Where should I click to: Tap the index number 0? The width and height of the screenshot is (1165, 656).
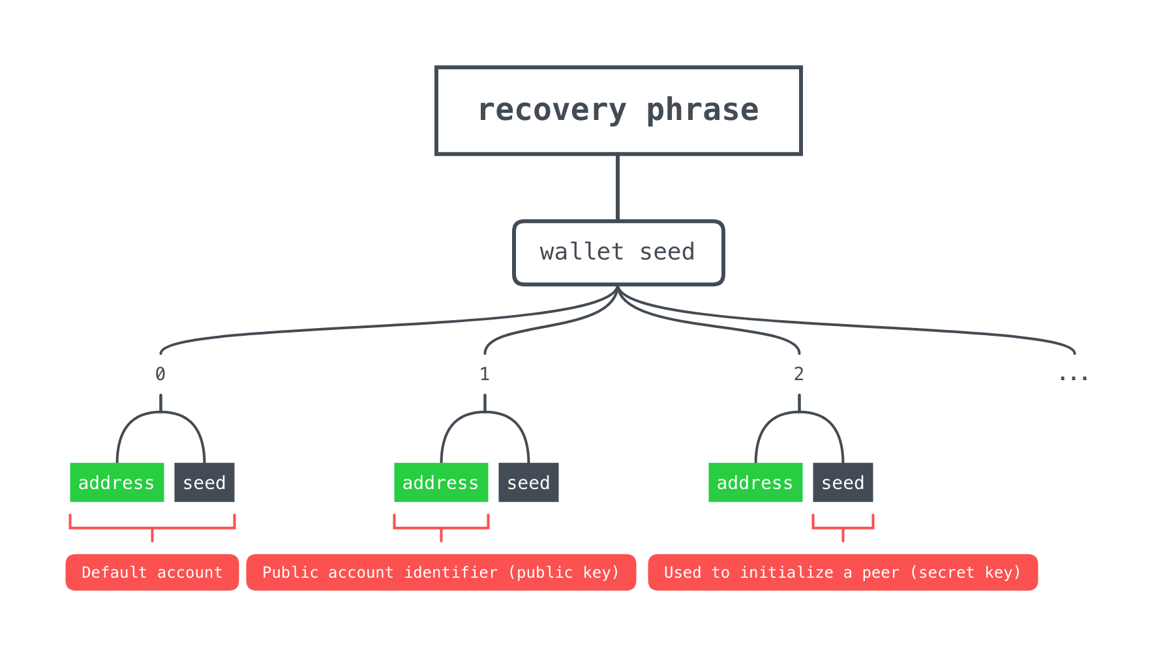160,374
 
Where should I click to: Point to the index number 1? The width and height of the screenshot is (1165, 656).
485,374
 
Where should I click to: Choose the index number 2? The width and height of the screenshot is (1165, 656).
799,374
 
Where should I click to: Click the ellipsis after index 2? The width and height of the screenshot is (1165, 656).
1074,378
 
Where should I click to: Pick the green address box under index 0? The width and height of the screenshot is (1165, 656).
117,483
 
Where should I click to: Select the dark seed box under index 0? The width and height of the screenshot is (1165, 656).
204,483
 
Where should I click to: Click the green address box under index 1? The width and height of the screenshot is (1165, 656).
441,483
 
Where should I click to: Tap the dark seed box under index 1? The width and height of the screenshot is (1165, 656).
528,483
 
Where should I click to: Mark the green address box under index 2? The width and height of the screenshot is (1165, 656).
755,483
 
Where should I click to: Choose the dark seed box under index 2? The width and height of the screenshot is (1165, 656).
843,483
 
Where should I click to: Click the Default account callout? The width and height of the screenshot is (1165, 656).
152,573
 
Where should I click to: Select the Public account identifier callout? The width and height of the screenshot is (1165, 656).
441,573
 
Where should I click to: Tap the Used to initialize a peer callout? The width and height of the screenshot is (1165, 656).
843,573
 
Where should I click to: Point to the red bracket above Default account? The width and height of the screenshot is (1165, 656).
152,528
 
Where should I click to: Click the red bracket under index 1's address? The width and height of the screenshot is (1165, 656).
441,528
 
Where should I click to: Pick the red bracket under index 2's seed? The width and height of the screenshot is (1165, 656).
843,528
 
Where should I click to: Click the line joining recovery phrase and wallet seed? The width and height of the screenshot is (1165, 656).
618,188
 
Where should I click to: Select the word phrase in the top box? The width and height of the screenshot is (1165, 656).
703,111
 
